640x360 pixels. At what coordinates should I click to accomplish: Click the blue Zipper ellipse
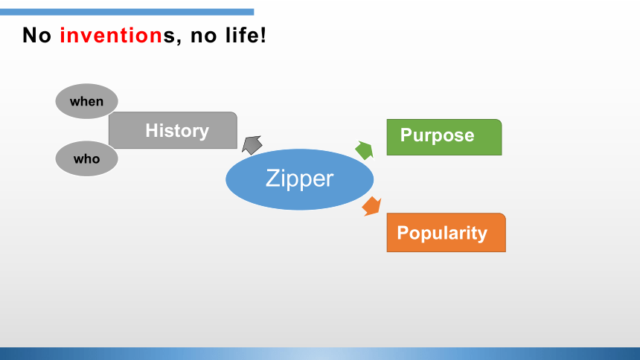coord(300,179)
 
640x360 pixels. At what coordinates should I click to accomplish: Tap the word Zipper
coord(300,179)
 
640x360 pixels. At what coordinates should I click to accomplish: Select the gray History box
coord(173,130)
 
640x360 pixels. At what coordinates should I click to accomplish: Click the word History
coord(177,131)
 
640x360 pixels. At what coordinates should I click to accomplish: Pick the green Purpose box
coord(444,137)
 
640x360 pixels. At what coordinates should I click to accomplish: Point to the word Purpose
coord(437,135)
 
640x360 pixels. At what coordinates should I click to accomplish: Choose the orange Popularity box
coord(446,233)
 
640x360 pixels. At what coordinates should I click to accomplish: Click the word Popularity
coord(442,233)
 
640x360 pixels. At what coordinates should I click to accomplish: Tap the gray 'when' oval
coord(86,101)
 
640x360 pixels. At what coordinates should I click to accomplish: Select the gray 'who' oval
coord(86,158)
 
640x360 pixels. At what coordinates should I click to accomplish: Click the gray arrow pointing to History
coord(252,145)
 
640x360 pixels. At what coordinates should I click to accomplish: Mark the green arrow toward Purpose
coord(365,150)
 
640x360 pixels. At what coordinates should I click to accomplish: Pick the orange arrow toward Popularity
coord(371,206)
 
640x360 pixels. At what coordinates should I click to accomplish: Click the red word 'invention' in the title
coord(112,35)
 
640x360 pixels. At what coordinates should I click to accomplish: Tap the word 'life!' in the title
coord(246,35)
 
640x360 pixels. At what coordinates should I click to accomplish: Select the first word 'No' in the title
coord(36,35)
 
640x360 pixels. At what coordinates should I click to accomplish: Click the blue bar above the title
coord(127,12)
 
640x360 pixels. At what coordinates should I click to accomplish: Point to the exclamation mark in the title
coord(263,35)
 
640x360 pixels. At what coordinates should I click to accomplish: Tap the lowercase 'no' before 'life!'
coord(204,36)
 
